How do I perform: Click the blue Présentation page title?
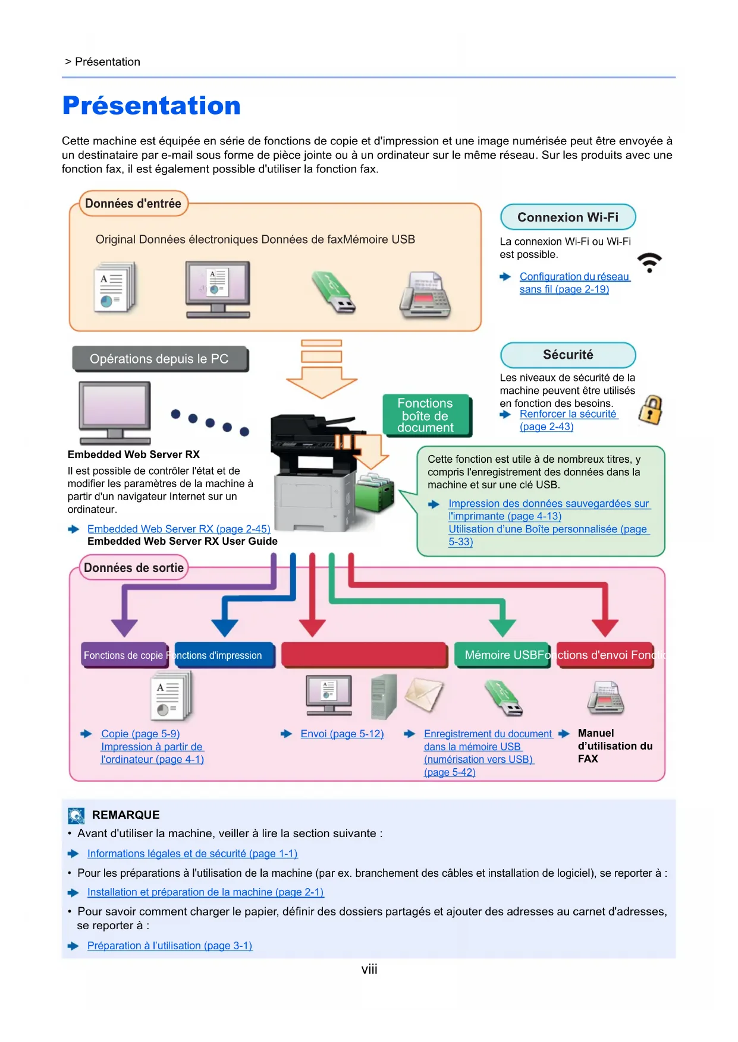pos(152,106)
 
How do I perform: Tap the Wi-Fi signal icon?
pos(649,262)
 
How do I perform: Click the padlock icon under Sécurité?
pos(651,410)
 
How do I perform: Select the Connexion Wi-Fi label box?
pos(568,217)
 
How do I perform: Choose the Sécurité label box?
pos(568,355)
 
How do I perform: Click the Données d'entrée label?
pos(133,204)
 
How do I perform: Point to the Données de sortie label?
pos(134,568)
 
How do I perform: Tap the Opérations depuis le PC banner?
pos(159,359)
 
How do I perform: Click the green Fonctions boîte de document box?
pos(425,415)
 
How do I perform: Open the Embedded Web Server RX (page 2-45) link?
pos(178,529)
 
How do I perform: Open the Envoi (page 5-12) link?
pos(342,734)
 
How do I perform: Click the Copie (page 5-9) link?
pos(140,734)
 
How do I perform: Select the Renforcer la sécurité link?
pos(567,414)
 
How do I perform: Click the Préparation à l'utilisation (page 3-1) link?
pos(169,945)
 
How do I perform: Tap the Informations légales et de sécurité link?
pos(192,854)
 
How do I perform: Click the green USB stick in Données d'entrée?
pos(333,292)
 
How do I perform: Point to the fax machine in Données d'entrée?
pos(425,295)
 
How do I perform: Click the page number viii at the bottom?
pos(369,970)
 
